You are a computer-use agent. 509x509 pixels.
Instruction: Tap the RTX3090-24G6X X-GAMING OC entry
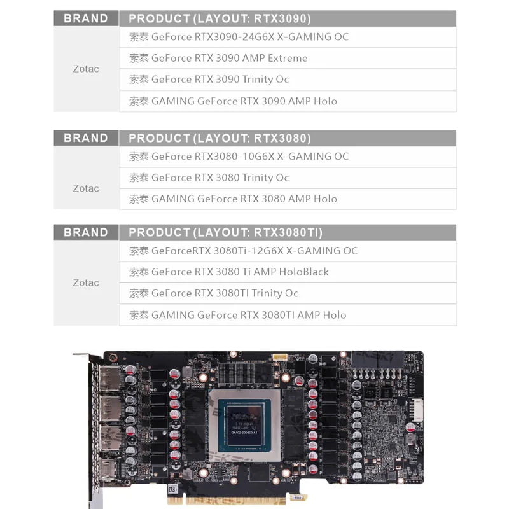point(239,37)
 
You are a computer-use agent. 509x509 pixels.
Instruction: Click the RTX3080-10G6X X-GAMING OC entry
point(239,156)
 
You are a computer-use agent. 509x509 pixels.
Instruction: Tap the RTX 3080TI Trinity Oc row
point(213,293)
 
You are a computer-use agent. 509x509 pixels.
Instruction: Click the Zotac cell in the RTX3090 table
point(86,69)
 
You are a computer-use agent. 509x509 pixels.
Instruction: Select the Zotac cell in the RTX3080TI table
point(86,282)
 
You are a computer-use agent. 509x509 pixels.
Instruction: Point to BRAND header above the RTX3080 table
point(86,138)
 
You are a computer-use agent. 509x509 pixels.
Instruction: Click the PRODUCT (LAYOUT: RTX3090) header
point(220,18)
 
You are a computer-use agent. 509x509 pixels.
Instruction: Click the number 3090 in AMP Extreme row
point(227,58)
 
